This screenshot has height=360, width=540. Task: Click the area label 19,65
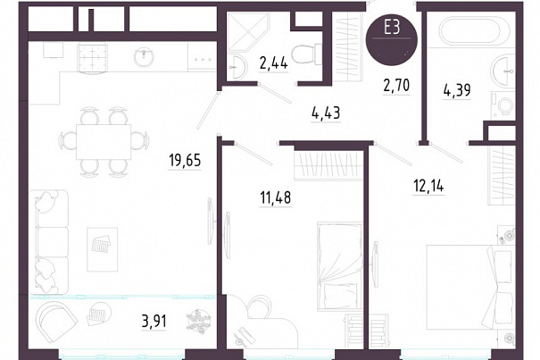point(185,161)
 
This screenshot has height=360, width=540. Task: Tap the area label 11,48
point(276,198)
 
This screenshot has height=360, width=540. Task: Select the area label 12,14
point(428,186)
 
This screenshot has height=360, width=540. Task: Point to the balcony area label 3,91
point(154,322)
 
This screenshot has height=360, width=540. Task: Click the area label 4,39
point(457,91)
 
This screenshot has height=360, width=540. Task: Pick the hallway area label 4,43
point(326,113)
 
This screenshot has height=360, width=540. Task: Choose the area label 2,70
point(396,86)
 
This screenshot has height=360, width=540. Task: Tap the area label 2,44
point(273,63)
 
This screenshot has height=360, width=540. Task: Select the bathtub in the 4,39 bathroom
point(470,30)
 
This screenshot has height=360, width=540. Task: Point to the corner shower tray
point(248,32)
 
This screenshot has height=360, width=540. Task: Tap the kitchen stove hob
point(92,58)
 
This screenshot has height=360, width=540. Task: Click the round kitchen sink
point(144,57)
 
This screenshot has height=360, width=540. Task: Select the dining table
point(104,142)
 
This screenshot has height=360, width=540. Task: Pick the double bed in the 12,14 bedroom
point(470,287)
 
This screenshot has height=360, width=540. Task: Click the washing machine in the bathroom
point(503,105)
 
